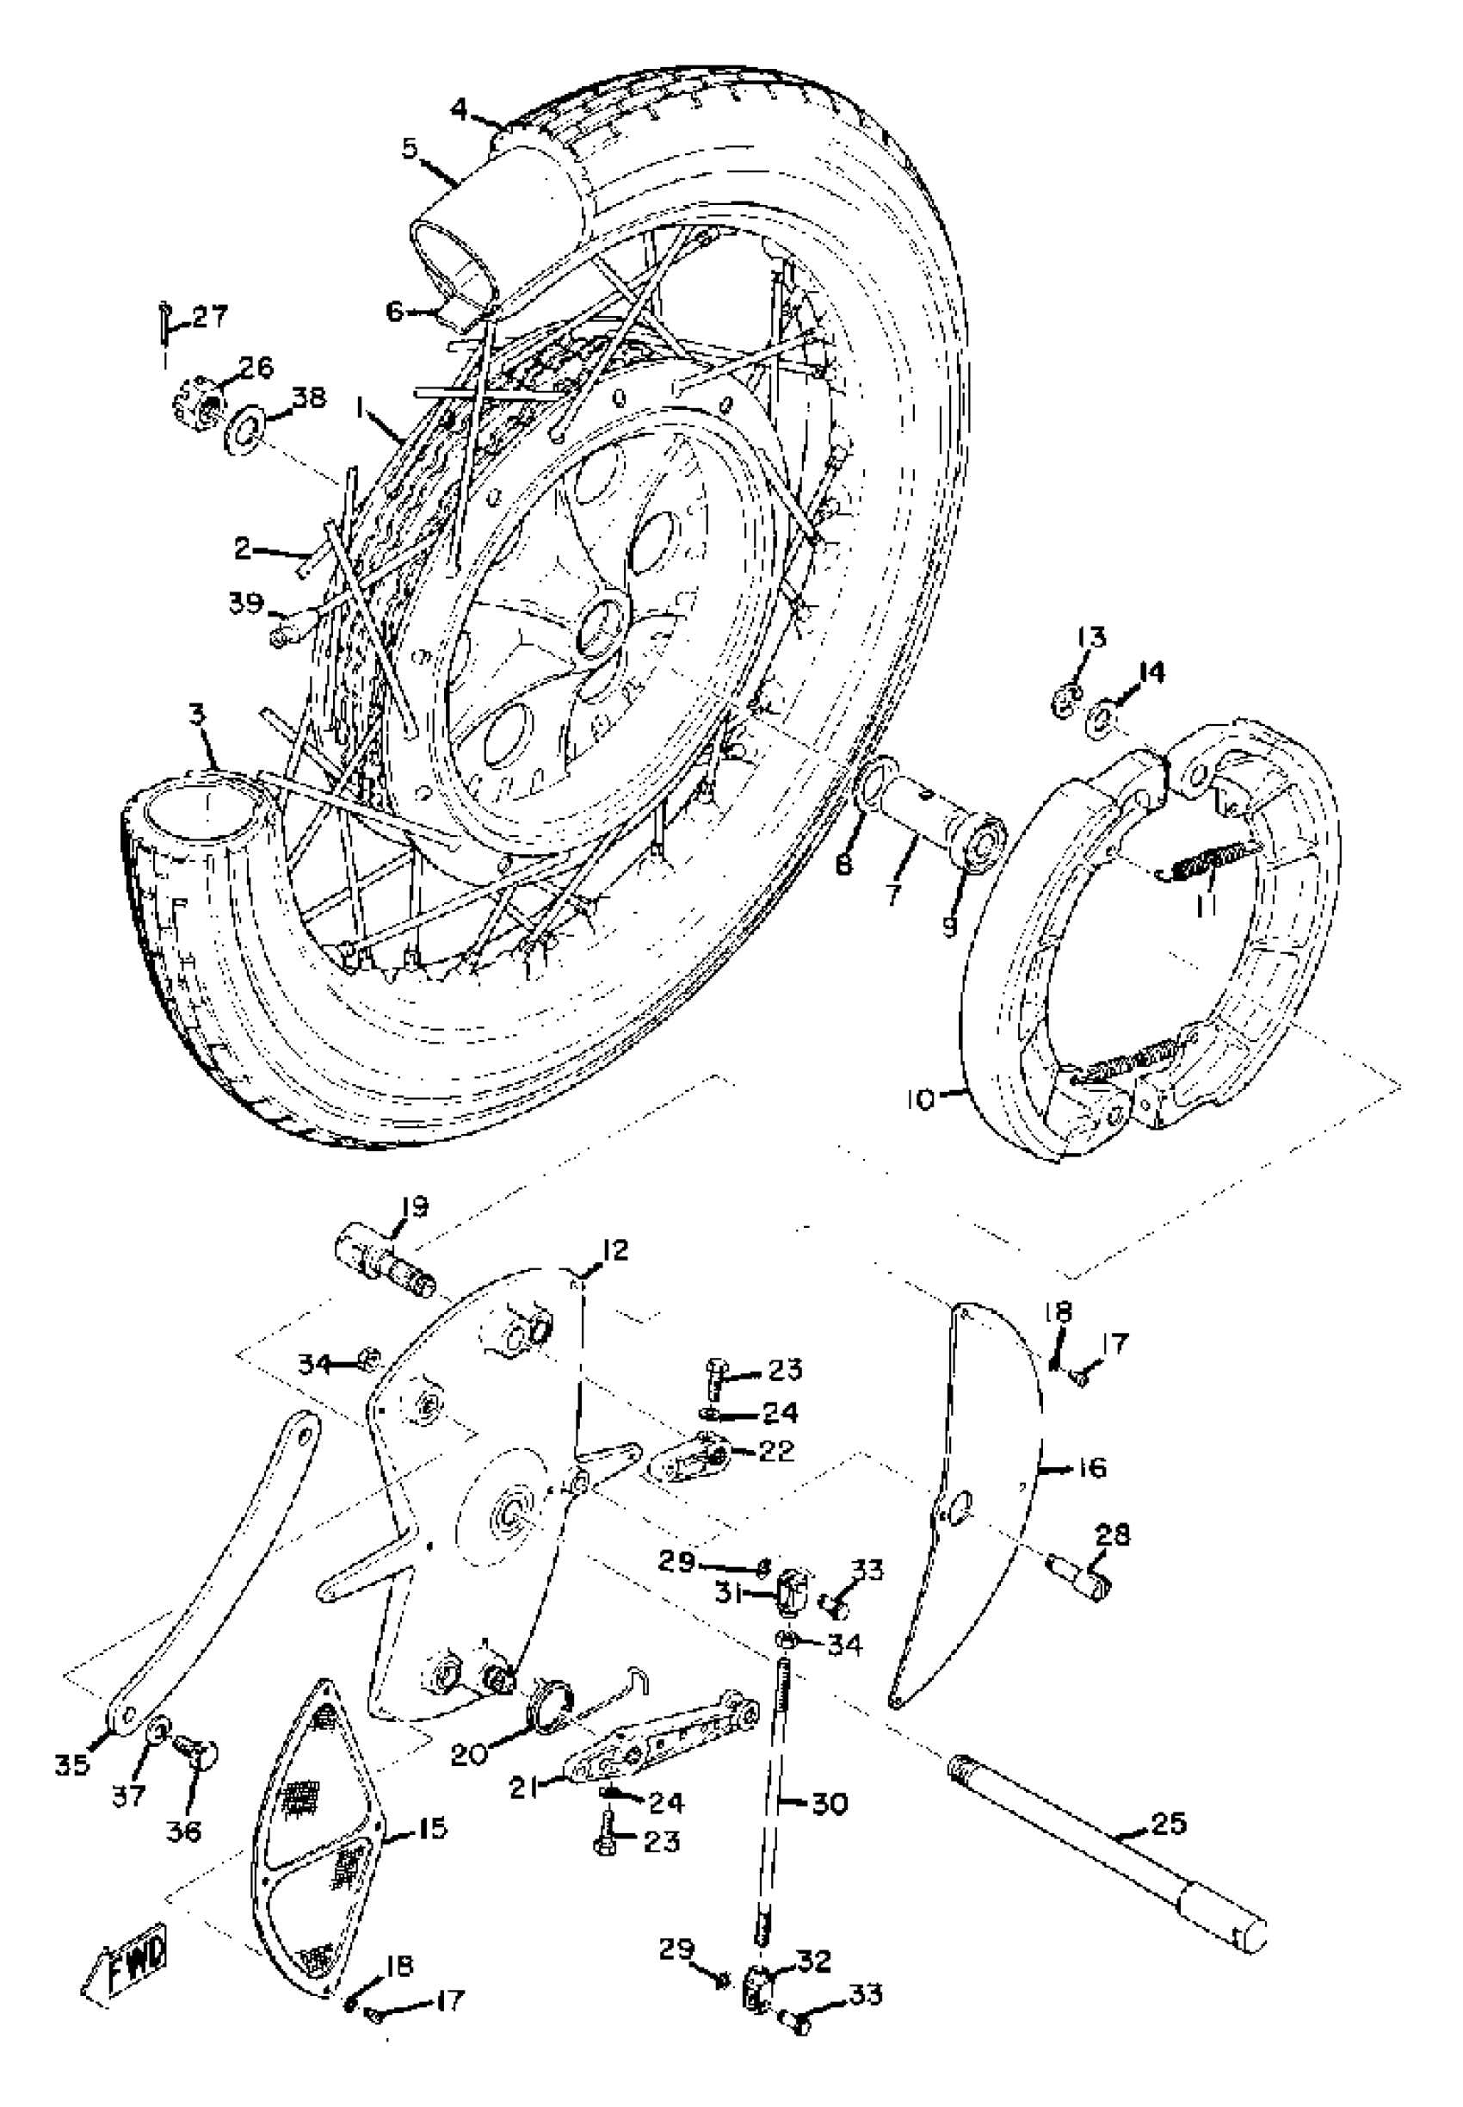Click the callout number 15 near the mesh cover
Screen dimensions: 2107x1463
(428, 1828)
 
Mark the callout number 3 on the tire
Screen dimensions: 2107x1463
(198, 716)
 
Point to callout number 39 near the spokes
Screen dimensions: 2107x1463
(244, 604)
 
